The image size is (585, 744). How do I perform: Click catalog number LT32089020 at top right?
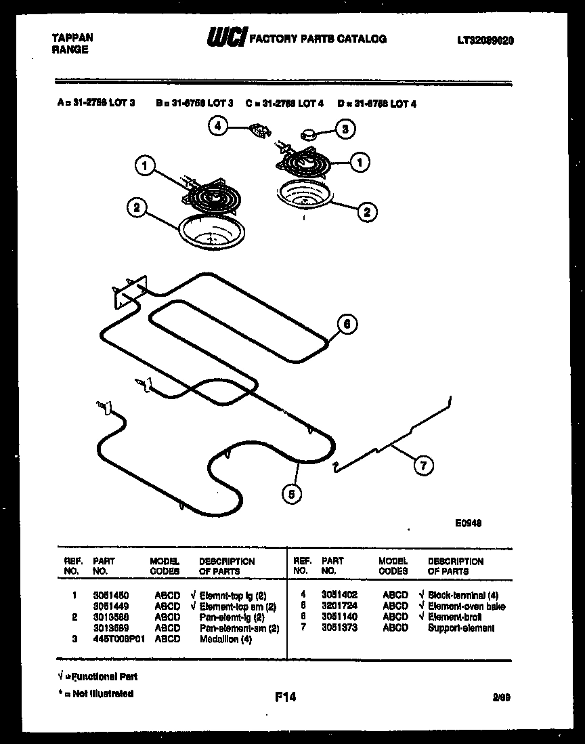pyautogui.click(x=485, y=41)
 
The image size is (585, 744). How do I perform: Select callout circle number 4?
pyautogui.click(x=218, y=127)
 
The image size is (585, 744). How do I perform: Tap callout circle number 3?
pyautogui.click(x=345, y=129)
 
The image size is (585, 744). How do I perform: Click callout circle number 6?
pyautogui.click(x=347, y=325)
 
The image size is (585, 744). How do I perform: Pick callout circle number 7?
pyautogui.click(x=423, y=465)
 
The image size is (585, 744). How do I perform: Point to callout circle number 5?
pyautogui.click(x=292, y=494)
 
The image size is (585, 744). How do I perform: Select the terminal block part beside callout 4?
pyautogui.click(x=257, y=129)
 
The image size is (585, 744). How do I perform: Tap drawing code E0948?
pyautogui.click(x=468, y=522)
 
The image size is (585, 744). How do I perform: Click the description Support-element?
pyautogui.click(x=461, y=628)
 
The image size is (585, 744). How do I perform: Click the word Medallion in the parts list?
pyautogui.click(x=218, y=639)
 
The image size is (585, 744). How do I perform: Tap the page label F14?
pyautogui.click(x=285, y=697)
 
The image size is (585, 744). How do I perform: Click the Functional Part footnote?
pyautogui.click(x=97, y=676)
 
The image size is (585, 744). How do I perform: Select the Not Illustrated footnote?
pyautogui.click(x=95, y=693)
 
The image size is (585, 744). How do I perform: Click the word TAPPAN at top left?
pyautogui.click(x=72, y=38)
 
